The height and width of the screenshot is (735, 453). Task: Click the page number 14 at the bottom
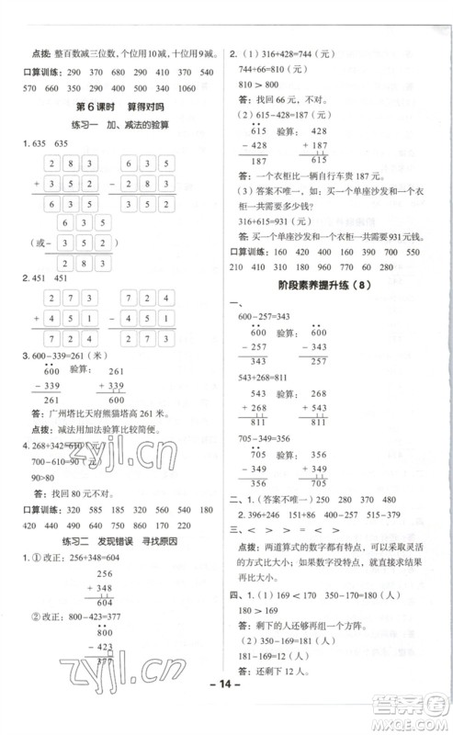tap(226, 709)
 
